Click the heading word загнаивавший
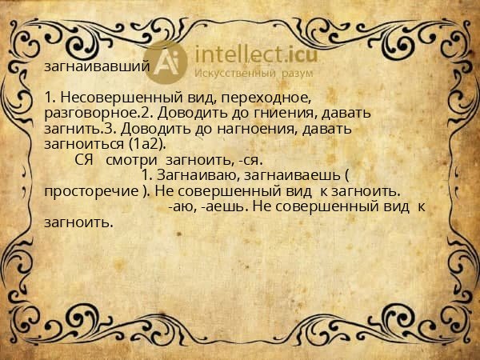tap(97, 68)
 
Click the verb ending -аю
tap(182, 206)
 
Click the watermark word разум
tap(296, 73)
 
